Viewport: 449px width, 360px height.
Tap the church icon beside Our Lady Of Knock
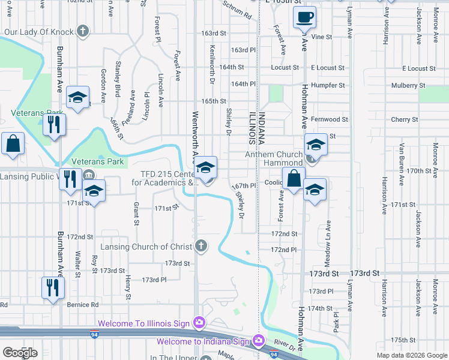(x=83, y=31)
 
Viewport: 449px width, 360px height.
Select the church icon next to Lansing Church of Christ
(x=201, y=246)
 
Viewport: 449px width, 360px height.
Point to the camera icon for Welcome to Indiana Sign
(x=259, y=341)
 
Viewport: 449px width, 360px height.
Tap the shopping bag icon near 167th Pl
(x=294, y=178)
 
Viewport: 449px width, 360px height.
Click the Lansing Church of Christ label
(x=146, y=247)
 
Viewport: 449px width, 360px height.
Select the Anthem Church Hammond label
(x=274, y=158)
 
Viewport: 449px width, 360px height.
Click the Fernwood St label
(x=330, y=119)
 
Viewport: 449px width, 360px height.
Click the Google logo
(x=20, y=353)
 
